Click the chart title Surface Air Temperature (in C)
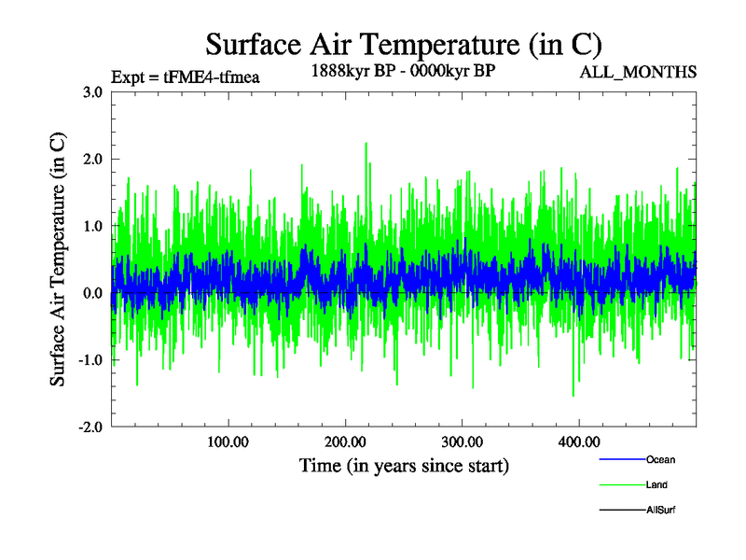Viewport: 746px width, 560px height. (x=403, y=44)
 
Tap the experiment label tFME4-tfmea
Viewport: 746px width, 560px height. (x=185, y=77)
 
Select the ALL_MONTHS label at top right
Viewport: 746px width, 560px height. (x=638, y=73)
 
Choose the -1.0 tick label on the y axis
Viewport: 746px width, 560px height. (x=90, y=360)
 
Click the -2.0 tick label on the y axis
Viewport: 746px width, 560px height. (x=90, y=427)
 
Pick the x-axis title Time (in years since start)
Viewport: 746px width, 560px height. (x=404, y=465)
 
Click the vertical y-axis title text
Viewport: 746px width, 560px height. (x=58, y=259)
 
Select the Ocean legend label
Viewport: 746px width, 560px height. (x=660, y=460)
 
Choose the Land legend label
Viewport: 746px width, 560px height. (x=656, y=485)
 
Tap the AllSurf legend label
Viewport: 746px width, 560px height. (x=661, y=511)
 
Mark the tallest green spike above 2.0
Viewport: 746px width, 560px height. (x=366, y=144)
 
